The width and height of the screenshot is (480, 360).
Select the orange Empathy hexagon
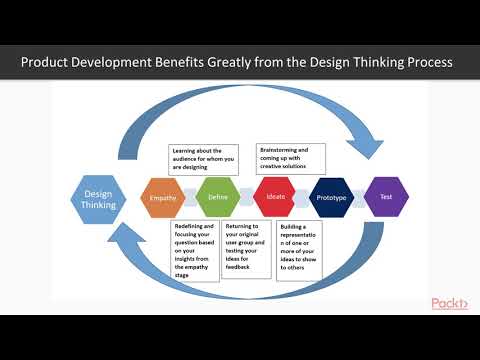point(163,197)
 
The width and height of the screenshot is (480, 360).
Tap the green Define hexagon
point(217,197)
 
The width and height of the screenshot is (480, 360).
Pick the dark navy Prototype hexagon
point(331,197)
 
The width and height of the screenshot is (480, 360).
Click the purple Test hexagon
point(385,197)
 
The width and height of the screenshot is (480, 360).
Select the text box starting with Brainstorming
point(292,155)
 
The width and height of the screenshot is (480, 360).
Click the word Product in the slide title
point(51,62)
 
